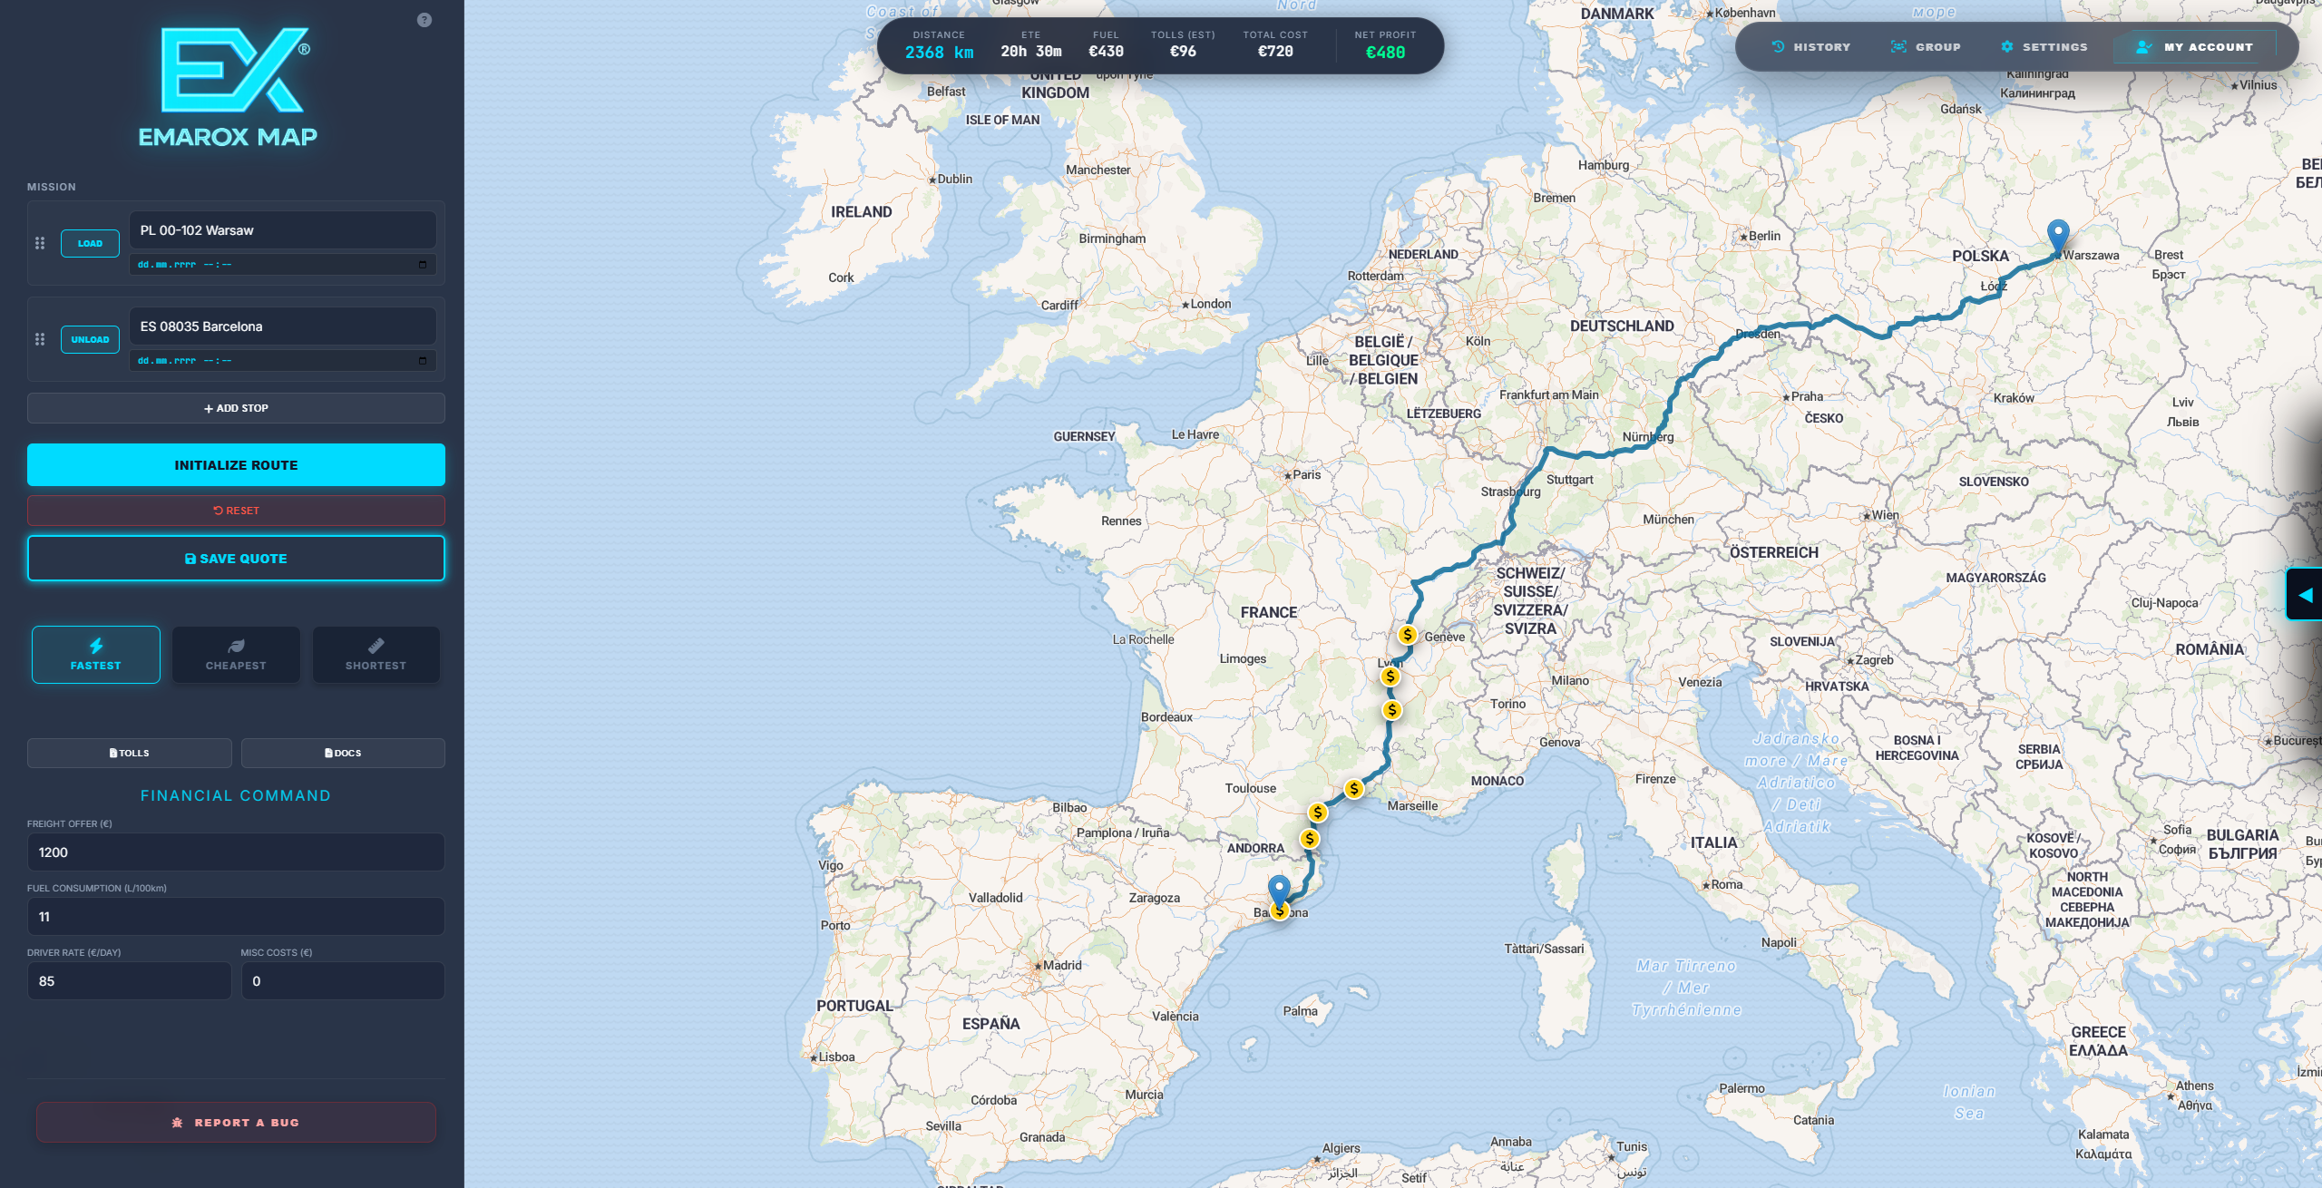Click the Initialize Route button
(236, 465)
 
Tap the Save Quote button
(236, 559)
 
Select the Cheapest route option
(236, 655)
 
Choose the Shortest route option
(376, 655)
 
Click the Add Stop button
(236, 408)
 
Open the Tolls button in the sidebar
(130, 753)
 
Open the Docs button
(343, 753)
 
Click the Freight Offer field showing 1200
(236, 852)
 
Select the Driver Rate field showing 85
(130, 981)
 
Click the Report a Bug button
(236, 1123)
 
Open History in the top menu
(1811, 47)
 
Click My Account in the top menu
(2196, 47)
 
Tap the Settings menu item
(2044, 47)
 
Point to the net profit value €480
(1385, 53)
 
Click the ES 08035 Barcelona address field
(282, 326)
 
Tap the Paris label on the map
(1306, 475)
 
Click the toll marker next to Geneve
(1408, 635)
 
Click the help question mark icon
(424, 20)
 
